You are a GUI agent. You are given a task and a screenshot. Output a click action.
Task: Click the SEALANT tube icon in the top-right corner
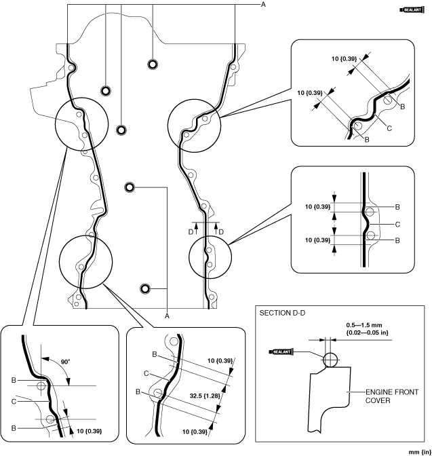(x=412, y=10)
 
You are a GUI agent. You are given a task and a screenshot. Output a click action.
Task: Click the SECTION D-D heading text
(x=282, y=313)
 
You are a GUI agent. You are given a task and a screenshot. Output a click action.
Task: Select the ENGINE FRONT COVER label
(x=391, y=396)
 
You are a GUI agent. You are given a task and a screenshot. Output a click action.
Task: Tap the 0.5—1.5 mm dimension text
(x=364, y=325)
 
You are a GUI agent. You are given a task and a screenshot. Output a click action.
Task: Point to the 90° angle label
(x=65, y=362)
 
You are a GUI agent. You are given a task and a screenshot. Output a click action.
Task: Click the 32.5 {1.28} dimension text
(x=205, y=396)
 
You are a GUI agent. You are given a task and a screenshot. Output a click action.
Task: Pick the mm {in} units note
(x=420, y=452)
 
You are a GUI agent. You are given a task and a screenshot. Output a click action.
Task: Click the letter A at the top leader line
(x=263, y=5)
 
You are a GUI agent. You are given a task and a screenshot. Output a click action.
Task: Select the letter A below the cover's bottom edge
(x=167, y=316)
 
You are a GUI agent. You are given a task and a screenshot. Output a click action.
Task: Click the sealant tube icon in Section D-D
(x=281, y=352)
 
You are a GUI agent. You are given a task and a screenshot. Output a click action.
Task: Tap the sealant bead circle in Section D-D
(x=330, y=360)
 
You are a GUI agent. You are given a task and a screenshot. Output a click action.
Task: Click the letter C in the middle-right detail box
(x=397, y=225)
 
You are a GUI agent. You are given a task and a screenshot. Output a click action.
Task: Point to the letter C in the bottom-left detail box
(x=14, y=402)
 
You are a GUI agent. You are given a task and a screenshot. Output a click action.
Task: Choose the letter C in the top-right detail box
(x=389, y=128)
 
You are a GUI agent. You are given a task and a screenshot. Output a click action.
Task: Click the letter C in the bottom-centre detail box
(x=146, y=374)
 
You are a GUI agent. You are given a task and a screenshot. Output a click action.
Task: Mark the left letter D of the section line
(x=191, y=232)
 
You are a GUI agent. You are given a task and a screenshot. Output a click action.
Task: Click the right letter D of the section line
(x=221, y=232)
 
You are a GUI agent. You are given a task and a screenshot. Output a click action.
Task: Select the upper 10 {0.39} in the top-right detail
(x=345, y=59)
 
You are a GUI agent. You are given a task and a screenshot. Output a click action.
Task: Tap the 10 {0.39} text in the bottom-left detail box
(x=90, y=431)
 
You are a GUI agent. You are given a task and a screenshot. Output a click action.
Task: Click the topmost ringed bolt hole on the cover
(x=153, y=64)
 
